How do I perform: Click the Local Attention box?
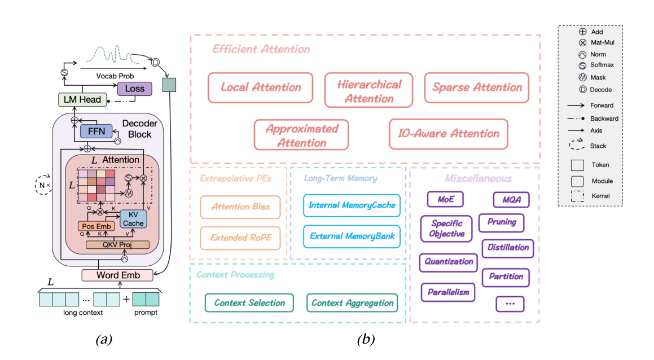click(260, 87)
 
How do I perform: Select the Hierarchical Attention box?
click(370, 91)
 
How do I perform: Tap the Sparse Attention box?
click(477, 87)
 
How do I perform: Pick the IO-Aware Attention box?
click(449, 134)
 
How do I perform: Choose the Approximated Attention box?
click(301, 135)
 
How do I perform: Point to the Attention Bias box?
click(240, 207)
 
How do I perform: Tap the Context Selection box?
click(249, 303)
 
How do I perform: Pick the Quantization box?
click(449, 262)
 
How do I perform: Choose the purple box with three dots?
click(510, 304)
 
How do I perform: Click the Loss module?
click(134, 88)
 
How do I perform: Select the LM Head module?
click(82, 100)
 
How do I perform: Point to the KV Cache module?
click(134, 218)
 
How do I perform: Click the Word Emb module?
click(118, 275)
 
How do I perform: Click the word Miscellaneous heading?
click(479, 179)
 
